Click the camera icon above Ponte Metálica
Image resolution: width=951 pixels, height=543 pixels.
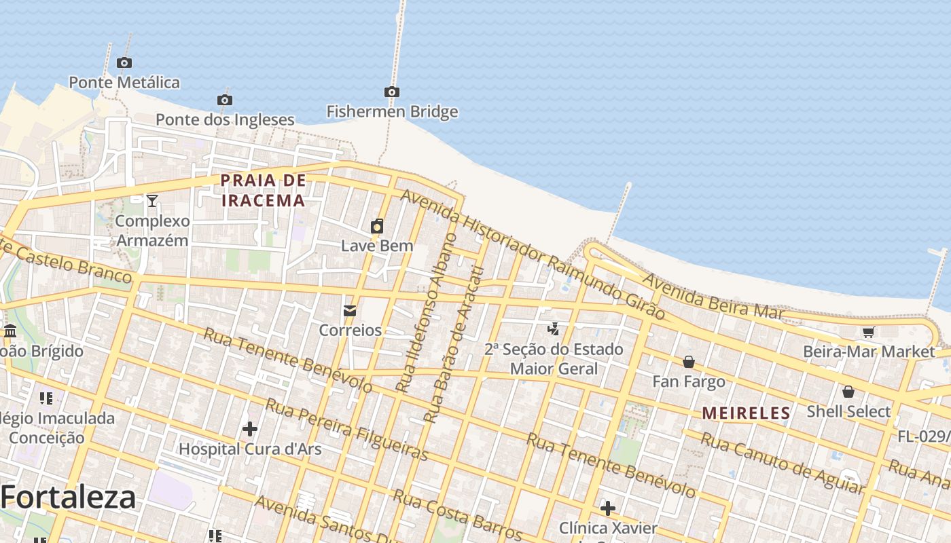coord(124,63)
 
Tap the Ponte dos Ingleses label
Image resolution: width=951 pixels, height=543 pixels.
coord(225,119)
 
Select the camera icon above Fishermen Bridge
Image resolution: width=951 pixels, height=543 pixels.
coord(391,92)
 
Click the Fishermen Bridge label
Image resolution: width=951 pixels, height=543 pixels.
coord(392,111)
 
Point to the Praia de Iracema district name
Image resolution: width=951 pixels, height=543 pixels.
coord(263,191)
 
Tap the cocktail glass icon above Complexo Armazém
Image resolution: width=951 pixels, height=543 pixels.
coord(152,201)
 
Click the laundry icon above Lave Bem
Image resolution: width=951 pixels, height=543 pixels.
coord(377,226)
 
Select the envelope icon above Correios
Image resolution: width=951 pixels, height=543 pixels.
coord(350,311)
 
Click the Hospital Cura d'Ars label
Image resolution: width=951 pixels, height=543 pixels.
coord(250,449)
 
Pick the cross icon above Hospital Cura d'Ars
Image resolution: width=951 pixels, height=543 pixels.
coord(250,429)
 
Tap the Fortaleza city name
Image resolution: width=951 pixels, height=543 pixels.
coord(68,498)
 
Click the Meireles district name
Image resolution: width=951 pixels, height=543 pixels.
coord(746,413)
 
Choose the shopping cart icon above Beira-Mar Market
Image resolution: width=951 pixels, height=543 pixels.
coord(868,332)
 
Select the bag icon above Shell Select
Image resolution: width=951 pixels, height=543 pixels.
coord(848,392)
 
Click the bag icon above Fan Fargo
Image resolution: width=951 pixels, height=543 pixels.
coord(689,362)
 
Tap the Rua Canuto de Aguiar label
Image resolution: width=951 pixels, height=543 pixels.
coord(782,463)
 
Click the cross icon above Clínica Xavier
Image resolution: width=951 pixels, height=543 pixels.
coord(608,508)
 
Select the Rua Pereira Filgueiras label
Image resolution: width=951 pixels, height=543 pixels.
coord(346,430)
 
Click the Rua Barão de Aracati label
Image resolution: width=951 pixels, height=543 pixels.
coord(453,345)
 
